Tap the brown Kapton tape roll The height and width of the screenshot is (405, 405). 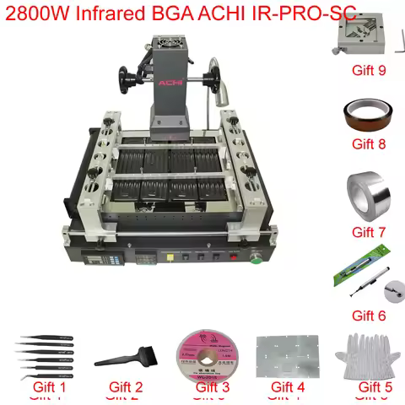point(368,115)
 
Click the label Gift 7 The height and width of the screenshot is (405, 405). point(368,231)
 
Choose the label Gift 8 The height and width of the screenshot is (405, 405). point(368,144)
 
